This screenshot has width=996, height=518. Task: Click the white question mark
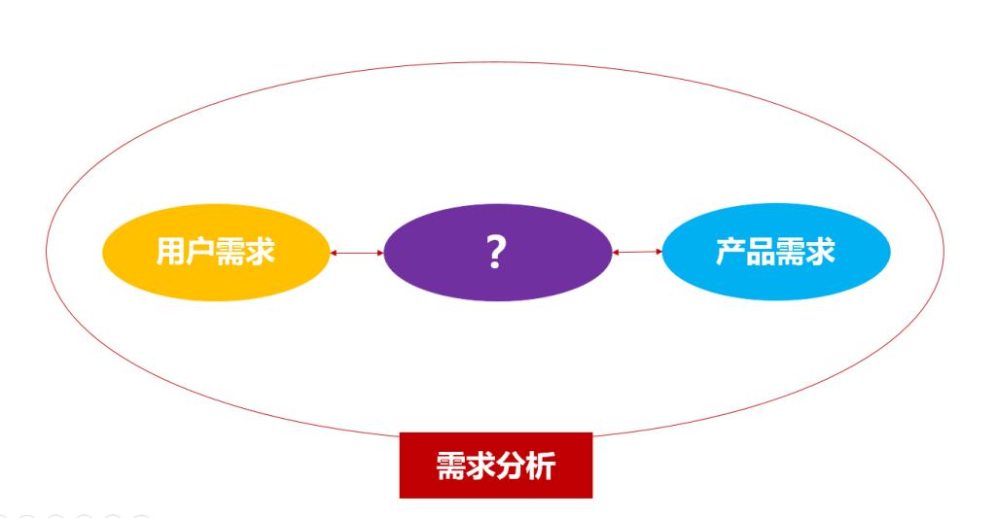point(496,252)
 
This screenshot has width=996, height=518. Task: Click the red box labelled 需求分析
point(495,486)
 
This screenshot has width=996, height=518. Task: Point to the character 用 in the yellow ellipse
point(172,252)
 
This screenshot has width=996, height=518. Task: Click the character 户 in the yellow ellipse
point(201,252)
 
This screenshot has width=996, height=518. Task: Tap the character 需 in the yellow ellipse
point(231,252)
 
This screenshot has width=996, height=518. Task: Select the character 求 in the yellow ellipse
point(261,252)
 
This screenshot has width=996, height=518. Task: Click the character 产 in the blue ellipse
point(731,252)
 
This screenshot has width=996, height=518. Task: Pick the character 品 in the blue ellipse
point(761,252)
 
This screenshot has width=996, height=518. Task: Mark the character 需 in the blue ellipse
point(791,252)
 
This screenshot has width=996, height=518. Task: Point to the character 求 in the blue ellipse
point(820,252)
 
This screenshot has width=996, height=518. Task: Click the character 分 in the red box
point(511,466)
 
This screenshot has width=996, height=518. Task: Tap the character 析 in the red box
point(541,466)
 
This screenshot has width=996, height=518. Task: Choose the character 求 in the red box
point(480,466)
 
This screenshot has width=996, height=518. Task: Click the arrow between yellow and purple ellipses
point(357,253)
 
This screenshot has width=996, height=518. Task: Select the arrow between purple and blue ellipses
point(637,253)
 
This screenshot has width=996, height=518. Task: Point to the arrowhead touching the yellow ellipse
point(334,253)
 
